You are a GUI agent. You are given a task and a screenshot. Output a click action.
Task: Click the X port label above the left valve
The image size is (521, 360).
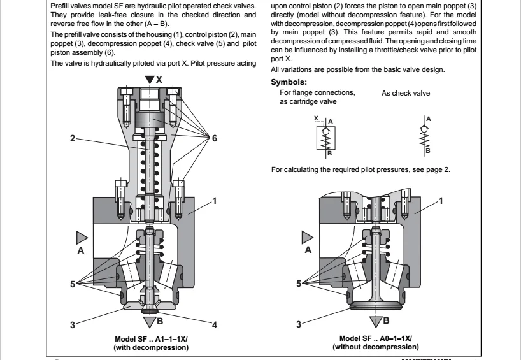click(x=159, y=80)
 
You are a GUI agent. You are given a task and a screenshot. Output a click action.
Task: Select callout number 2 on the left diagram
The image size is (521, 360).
click(x=73, y=137)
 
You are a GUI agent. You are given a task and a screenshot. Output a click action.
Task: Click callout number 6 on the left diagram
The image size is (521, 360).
click(x=215, y=138)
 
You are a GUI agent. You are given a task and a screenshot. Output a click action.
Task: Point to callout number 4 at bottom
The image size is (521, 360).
click(x=215, y=325)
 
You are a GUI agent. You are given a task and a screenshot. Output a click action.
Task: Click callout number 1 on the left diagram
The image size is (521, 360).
click(x=215, y=201)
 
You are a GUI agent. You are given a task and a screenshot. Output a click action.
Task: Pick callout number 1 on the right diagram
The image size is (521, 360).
click(x=441, y=201)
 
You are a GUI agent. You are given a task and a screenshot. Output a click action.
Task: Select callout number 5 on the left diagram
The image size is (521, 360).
click(x=73, y=284)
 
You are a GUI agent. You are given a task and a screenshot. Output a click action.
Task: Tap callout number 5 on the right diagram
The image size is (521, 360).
click(x=299, y=284)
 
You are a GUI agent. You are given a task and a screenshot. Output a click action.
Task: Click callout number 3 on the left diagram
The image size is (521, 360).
click(x=73, y=325)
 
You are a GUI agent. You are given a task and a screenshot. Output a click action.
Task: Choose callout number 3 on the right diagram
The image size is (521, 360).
click(x=299, y=325)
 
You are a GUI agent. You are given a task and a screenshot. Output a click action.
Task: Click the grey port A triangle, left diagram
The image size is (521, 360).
click(x=82, y=238)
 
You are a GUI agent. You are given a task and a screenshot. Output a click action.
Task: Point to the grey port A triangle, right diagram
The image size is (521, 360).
click(x=308, y=238)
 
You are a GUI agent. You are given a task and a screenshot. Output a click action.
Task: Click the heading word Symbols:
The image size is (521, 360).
click(x=289, y=82)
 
